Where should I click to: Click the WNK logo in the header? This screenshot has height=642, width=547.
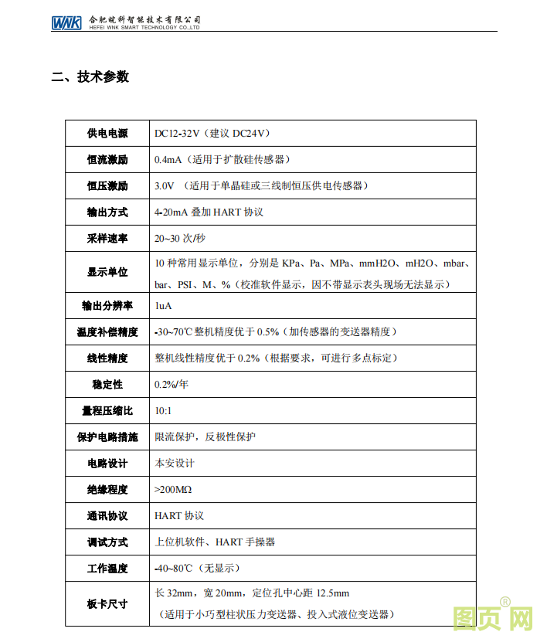66,22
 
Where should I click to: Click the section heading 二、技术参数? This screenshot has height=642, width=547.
90,77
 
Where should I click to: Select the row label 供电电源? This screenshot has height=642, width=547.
107,134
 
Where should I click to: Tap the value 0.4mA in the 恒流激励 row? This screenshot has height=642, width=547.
168,160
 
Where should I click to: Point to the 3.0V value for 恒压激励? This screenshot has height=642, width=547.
165,186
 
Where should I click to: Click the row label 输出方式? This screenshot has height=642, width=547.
107,212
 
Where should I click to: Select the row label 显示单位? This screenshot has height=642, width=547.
107,272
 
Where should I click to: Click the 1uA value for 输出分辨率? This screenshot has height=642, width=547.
163,306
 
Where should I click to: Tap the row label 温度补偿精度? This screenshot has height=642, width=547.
107,332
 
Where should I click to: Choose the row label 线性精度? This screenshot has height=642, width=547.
107,358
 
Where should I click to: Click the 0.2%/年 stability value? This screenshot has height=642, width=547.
172,385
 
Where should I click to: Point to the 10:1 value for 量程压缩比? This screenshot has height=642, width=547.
163,411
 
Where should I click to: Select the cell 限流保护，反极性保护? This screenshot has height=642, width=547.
206,437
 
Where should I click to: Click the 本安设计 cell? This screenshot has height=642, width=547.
175,464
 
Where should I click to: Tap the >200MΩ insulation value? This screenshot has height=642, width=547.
173,490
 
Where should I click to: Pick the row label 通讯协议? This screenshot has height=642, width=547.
107,516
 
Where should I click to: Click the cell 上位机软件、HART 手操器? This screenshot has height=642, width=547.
215,542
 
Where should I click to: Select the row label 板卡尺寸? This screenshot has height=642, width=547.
107,603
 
